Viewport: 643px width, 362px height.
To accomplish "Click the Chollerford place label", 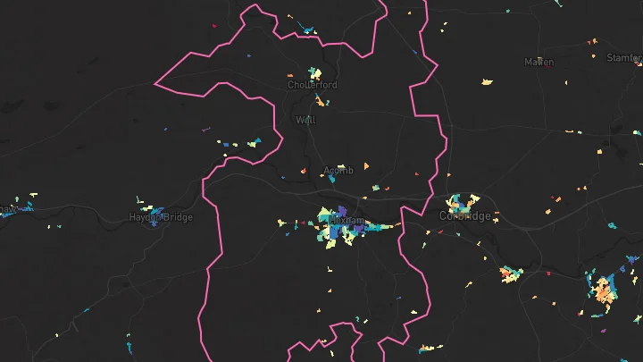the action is (x=312, y=85).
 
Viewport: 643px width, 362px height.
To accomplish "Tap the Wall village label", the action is (x=305, y=119).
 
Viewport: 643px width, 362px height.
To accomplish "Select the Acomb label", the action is (x=338, y=170).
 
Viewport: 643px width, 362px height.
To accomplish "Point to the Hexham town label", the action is (x=347, y=220).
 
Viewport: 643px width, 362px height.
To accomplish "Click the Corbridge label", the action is (x=465, y=216).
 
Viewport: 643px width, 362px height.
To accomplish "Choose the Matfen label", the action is (x=539, y=62).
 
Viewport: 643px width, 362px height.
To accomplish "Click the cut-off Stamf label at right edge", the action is (x=624, y=57).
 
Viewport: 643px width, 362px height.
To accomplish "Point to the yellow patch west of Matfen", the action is (x=487, y=81).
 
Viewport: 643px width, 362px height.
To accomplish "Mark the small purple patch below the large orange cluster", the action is (x=604, y=331).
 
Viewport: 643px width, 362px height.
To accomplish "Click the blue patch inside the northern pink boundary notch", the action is (x=308, y=32).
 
